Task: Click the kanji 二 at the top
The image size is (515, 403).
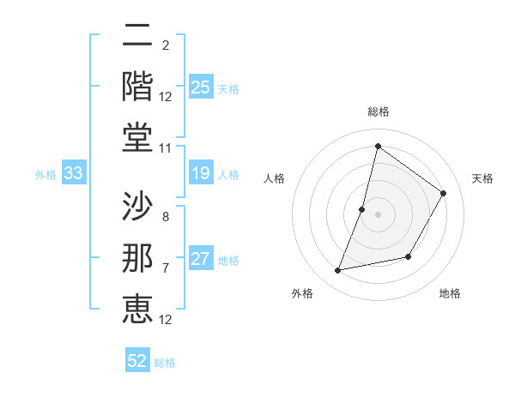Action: click(x=137, y=37)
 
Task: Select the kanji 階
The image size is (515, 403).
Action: click(x=137, y=85)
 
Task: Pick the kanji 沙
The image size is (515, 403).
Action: click(x=137, y=206)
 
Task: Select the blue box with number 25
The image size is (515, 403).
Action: click(x=201, y=87)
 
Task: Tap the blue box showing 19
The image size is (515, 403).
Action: click(x=201, y=174)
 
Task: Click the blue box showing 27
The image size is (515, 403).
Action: click(x=201, y=260)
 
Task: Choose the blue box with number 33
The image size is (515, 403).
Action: click(x=73, y=174)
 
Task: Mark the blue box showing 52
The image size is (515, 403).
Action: click(x=137, y=361)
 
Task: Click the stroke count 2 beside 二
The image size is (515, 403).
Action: click(x=165, y=45)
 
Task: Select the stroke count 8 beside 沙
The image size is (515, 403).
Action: click(x=165, y=216)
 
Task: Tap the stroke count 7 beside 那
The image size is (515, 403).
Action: click(x=165, y=268)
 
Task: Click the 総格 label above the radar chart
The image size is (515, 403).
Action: click(x=378, y=112)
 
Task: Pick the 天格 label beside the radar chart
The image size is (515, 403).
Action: click(x=482, y=178)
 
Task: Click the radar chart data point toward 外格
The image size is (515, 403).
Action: click(x=338, y=271)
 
